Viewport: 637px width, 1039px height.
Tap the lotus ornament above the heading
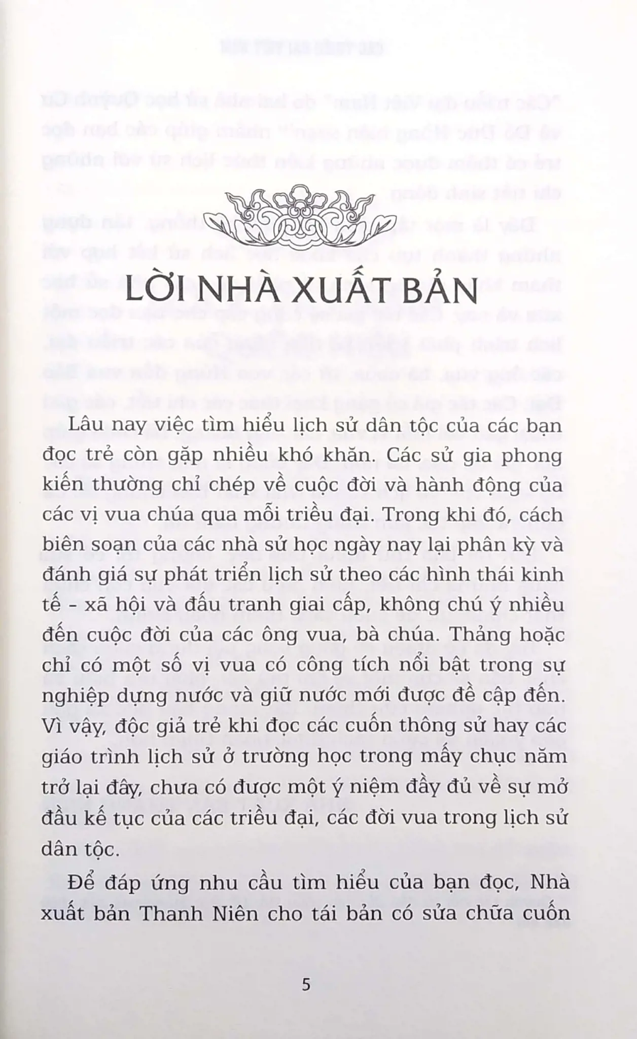[318, 216]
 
